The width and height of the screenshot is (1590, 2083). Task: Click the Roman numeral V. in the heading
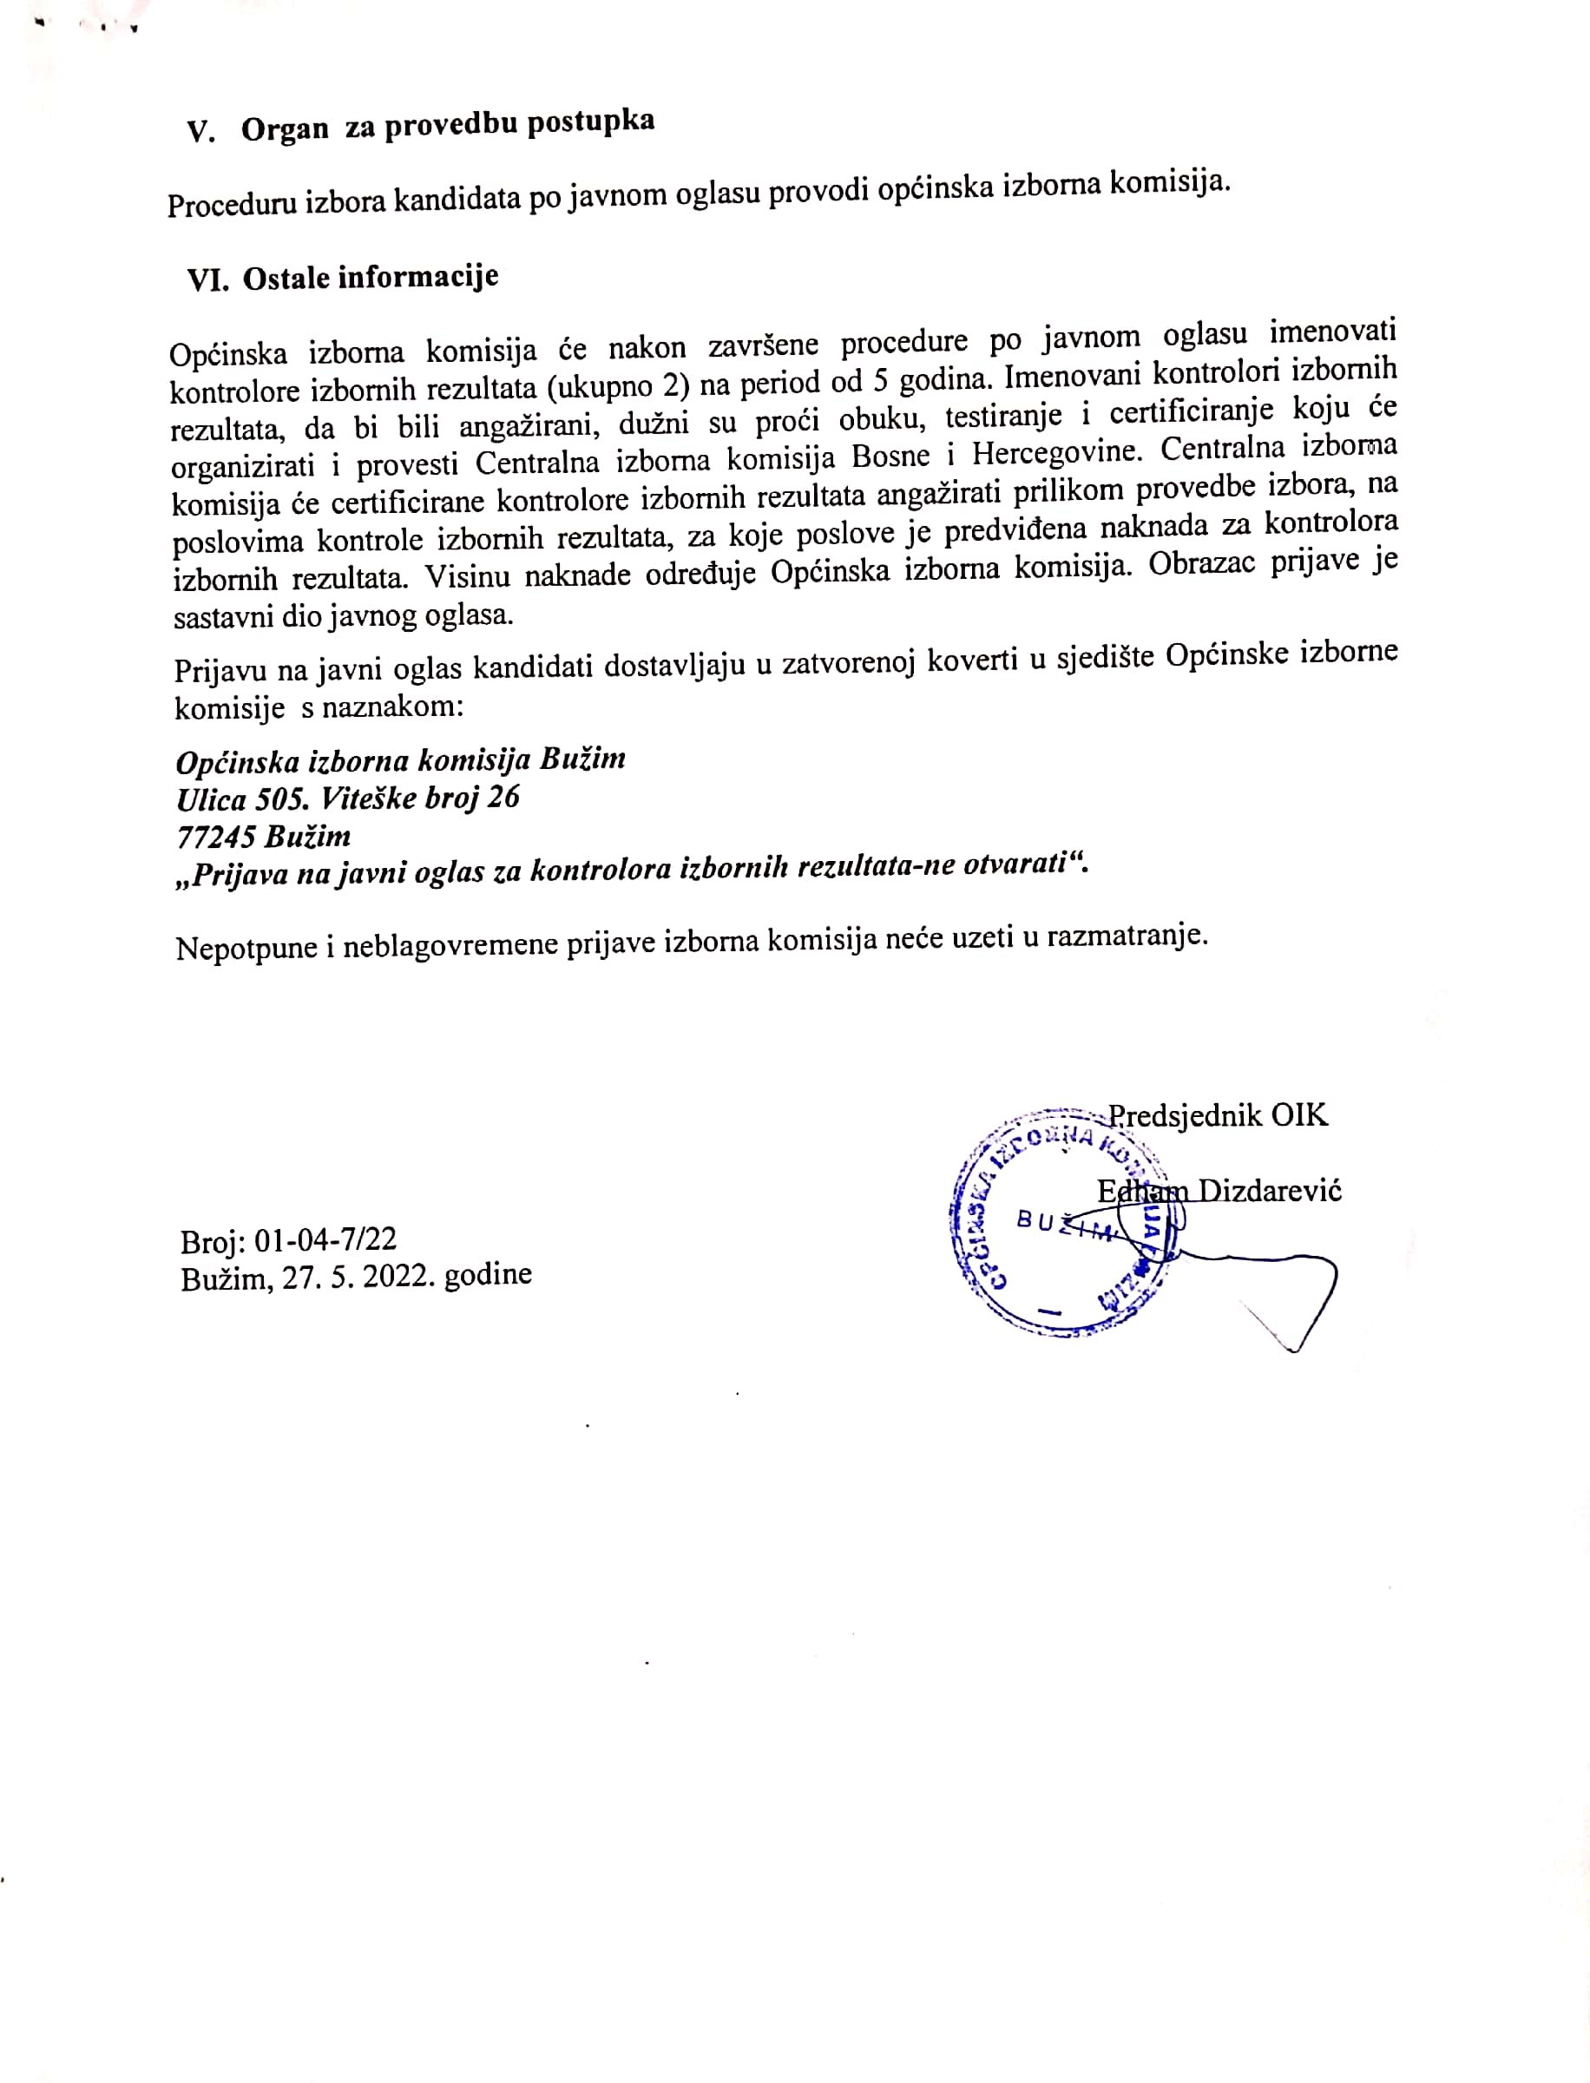[200, 132]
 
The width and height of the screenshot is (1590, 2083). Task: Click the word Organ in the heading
[285, 128]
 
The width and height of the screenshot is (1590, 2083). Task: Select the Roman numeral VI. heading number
[207, 280]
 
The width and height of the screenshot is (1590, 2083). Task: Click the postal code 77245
[216, 837]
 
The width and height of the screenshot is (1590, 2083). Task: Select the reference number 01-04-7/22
[325, 1239]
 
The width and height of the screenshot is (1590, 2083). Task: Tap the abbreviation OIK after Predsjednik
[1298, 1115]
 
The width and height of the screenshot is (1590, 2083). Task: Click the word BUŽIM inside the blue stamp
[1064, 1225]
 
